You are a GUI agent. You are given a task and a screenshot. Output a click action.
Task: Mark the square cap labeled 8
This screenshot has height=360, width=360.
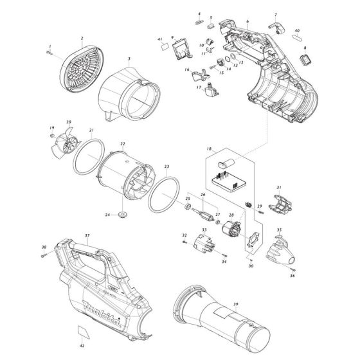click(306, 60)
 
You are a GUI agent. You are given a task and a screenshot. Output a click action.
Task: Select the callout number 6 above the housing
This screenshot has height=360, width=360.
click(247, 22)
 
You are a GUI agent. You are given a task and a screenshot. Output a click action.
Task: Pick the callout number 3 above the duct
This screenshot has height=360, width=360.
click(129, 59)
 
